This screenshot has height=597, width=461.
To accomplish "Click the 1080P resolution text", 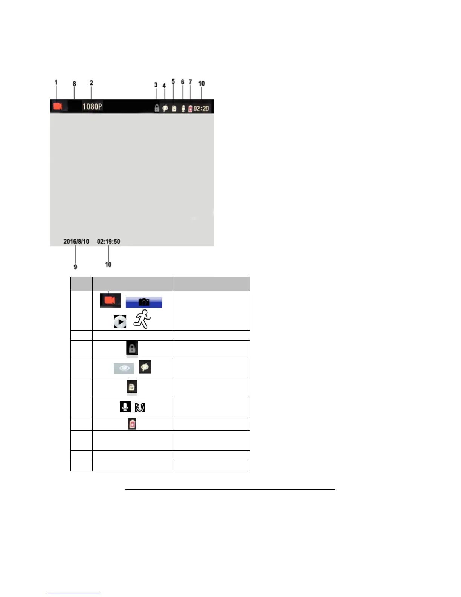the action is [x=92, y=107].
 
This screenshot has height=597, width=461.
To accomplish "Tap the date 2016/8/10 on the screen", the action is [x=76, y=242].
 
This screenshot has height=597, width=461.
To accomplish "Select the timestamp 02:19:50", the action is [x=108, y=242].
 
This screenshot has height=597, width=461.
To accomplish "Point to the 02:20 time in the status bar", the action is [x=201, y=109].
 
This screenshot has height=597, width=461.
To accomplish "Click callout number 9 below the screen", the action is [x=75, y=267].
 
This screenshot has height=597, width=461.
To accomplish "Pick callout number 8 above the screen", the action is [x=74, y=84].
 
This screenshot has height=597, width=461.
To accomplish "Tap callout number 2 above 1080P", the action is [x=91, y=83].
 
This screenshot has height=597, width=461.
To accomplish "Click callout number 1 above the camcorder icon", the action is [x=56, y=83].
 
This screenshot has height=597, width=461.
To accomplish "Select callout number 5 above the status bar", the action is [x=173, y=82].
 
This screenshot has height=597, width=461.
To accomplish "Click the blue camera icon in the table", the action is [x=143, y=302].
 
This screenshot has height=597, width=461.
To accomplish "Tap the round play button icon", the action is [x=120, y=322].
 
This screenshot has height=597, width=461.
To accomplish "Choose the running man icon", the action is [x=142, y=319].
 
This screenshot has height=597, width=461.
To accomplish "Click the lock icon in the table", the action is [x=132, y=348].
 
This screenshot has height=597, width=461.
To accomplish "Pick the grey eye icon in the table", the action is [x=124, y=368].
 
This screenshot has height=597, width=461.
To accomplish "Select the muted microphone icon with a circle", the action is [x=140, y=407].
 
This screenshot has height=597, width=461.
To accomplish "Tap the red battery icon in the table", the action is [x=132, y=424].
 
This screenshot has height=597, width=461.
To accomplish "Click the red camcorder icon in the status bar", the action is [x=58, y=106].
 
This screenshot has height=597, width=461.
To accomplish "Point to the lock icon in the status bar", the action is [x=157, y=109].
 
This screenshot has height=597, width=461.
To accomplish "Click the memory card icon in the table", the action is [x=132, y=387].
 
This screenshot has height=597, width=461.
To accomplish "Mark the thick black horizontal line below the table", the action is [x=230, y=490].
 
